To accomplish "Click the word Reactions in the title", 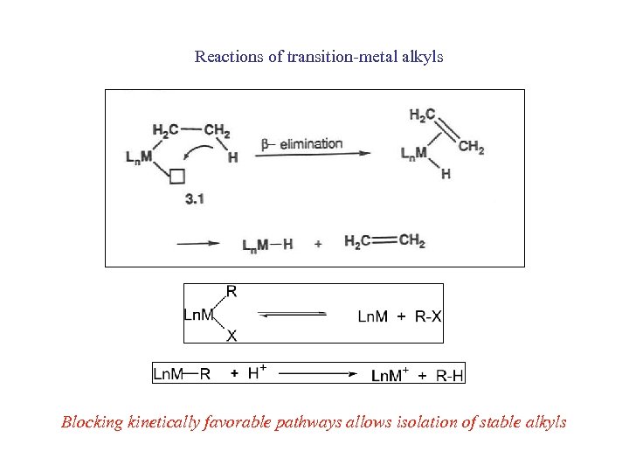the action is [225, 58].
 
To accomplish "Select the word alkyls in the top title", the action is [423, 58].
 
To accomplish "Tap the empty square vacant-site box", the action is [177, 177].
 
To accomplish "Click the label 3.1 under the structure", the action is [195, 199].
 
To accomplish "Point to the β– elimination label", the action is [301, 143].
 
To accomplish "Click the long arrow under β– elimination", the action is [315, 155].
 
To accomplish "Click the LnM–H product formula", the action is [267, 244].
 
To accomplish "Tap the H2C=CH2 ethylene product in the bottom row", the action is [384, 241].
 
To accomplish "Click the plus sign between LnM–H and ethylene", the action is [317, 244].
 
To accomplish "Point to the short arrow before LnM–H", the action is [198, 244].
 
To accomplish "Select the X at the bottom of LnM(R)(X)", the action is [232, 335].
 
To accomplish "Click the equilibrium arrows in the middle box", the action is [294, 316].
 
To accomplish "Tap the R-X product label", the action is [426, 316].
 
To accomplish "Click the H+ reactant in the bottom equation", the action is [257, 373].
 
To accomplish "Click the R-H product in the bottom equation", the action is [450, 375].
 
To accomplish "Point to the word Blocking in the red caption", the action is [91, 422].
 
